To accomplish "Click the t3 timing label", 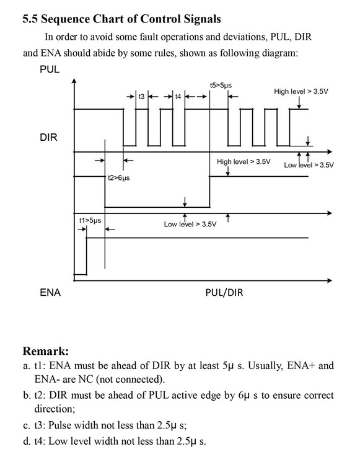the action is (x=141, y=96).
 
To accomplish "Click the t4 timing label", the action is (x=178, y=96).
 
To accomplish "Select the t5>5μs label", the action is (x=221, y=85).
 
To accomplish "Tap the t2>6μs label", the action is (x=119, y=177).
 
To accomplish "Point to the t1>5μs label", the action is (x=90, y=220).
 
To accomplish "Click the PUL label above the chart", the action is (x=50, y=69).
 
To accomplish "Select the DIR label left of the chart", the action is (x=48, y=137).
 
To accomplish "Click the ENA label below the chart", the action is (x=50, y=292).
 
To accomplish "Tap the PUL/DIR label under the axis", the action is (x=224, y=292).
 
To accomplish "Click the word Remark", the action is (x=46, y=350).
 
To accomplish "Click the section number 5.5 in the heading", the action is (x=30, y=19).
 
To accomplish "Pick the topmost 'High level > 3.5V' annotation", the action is (x=301, y=91).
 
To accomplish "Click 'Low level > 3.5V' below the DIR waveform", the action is (x=190, y=225).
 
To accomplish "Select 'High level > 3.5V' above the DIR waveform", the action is (x=244, y=162).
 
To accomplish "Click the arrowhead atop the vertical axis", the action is (x=74, y=80).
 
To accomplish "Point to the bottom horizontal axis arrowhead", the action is (x=330, y=280).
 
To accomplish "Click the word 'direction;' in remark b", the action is (x=55, y=409).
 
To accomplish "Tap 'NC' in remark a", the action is (x=86, y=380).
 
